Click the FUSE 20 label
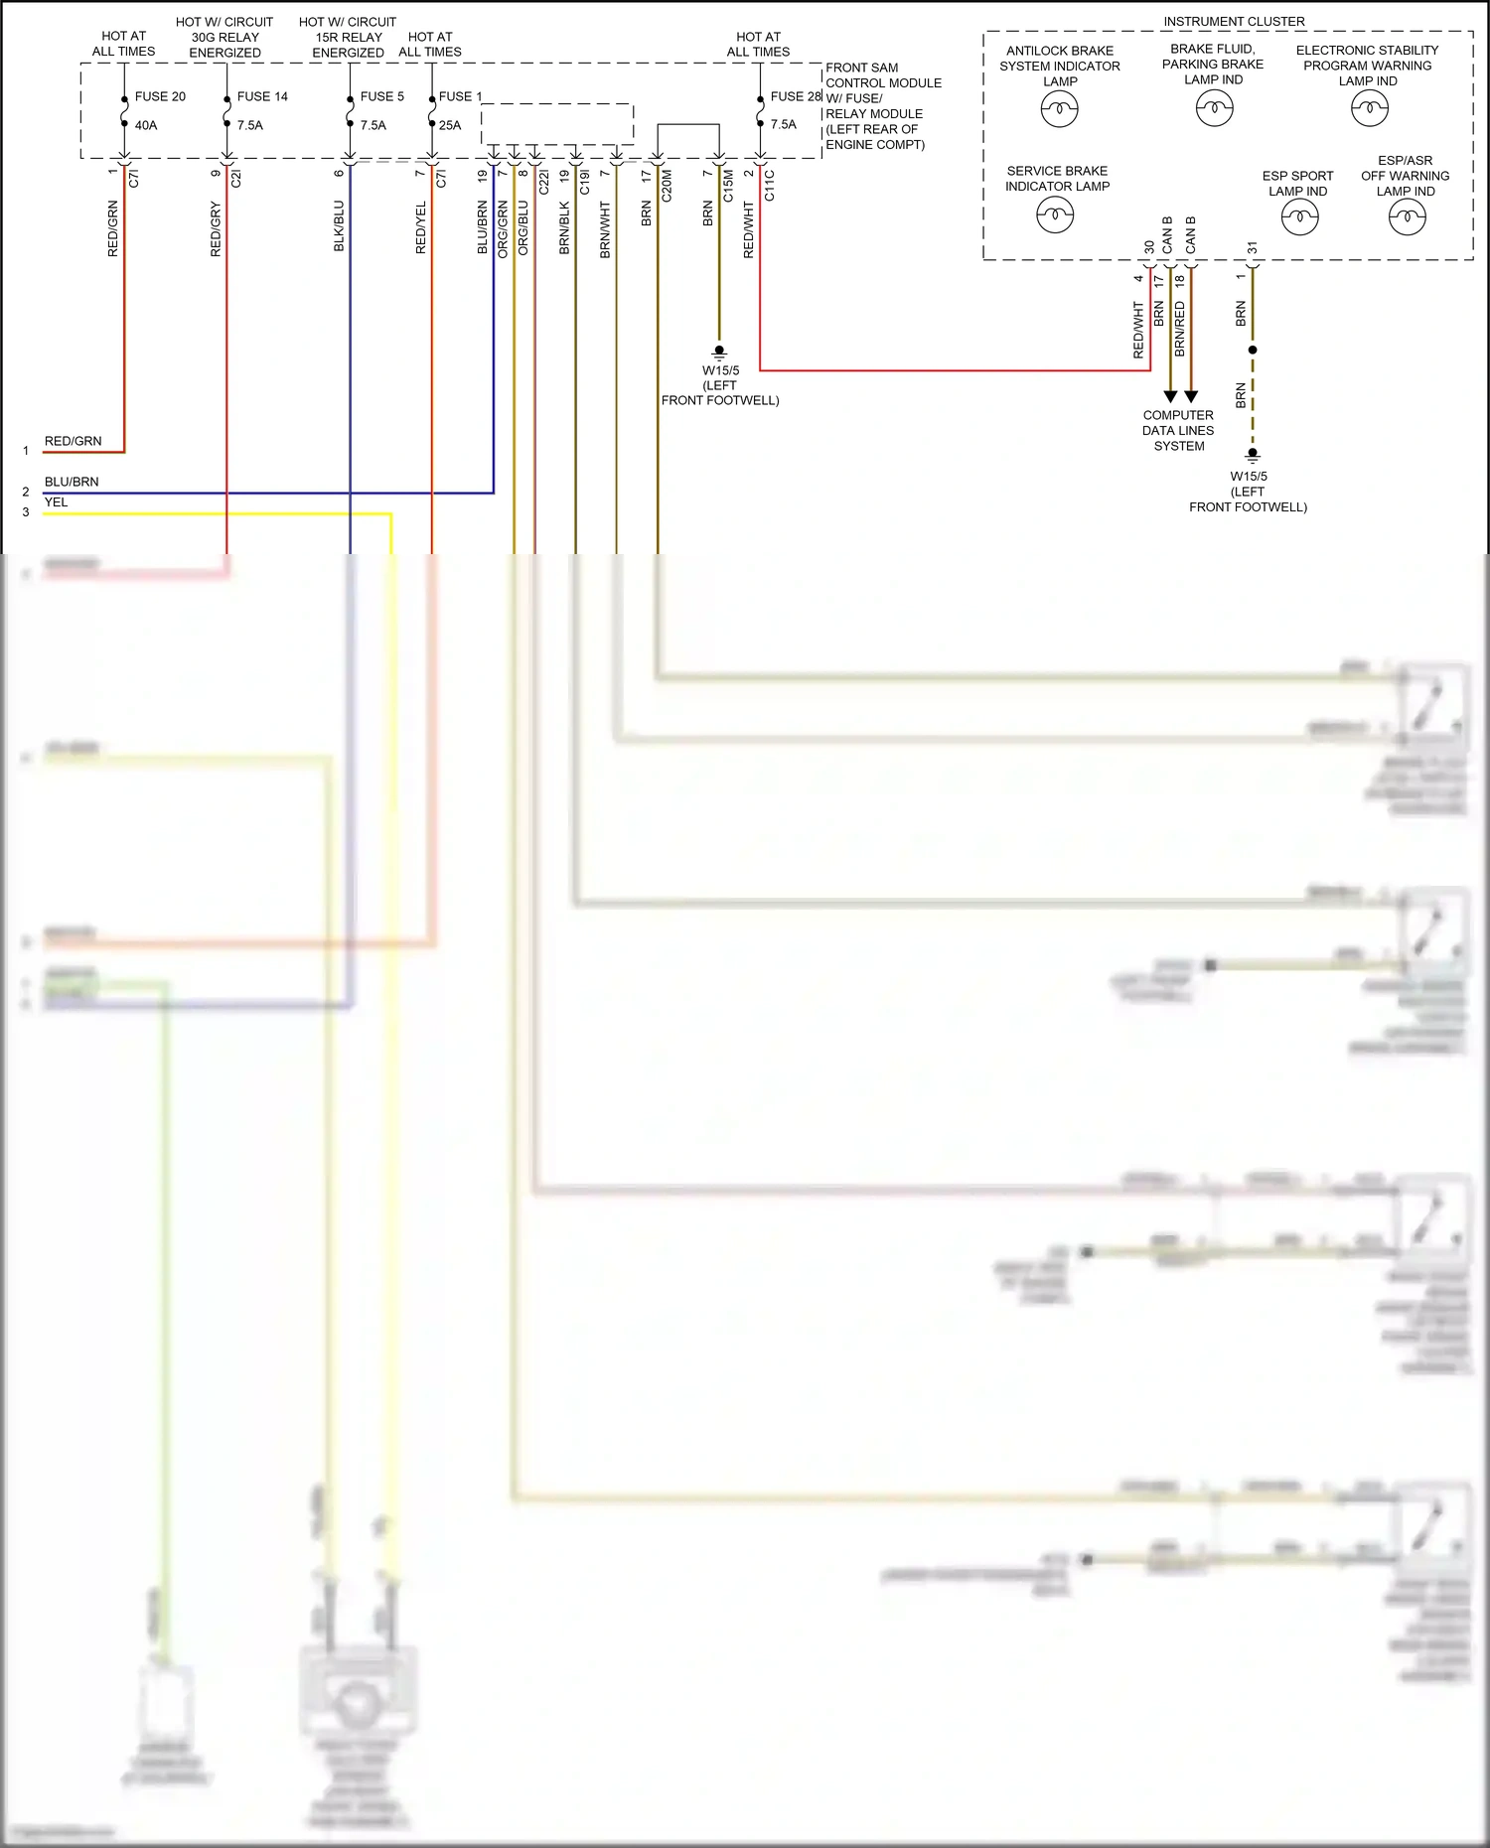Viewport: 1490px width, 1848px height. click(x=160, y=96)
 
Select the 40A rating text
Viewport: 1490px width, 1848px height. click(x=146, y=125)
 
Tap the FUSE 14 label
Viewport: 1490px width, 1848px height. click(x=262, y=96)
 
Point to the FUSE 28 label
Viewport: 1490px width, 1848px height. click(x=796, y=96)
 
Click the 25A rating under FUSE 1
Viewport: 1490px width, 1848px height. click(x=450, y=125)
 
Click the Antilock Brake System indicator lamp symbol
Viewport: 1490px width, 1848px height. click(x=1059, y=108)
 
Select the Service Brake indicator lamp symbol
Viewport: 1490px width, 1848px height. click(x=1055, y=213)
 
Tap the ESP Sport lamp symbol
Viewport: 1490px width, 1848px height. click(x=1299, y=216)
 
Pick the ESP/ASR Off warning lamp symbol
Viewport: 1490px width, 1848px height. click(x=1407, y=216)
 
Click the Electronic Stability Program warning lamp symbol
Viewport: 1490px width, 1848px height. click(x=1370, y=107)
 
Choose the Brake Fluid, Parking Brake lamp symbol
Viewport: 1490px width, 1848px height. click(x=1214, y=107)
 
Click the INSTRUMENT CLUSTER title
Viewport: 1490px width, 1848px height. click(x=1234, y=21)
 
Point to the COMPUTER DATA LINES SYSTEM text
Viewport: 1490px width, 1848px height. click(x=1178, y=430)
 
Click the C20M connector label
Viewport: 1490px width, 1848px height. click(x=667, y=186)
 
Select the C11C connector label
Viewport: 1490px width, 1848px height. click(x=770, y=186)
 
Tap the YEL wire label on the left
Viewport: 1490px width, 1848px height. click(x=56, y=502)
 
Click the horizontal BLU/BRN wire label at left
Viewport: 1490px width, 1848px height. click(x=72, y=482)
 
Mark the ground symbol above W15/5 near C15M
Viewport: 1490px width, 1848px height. click(x=719, y=352)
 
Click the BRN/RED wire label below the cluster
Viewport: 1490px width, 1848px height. click(x=1180, y=329)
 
